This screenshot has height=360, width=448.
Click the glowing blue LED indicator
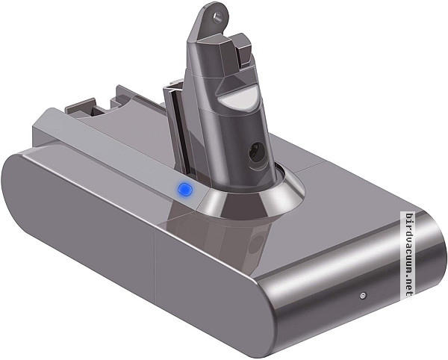tap(182, 190)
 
